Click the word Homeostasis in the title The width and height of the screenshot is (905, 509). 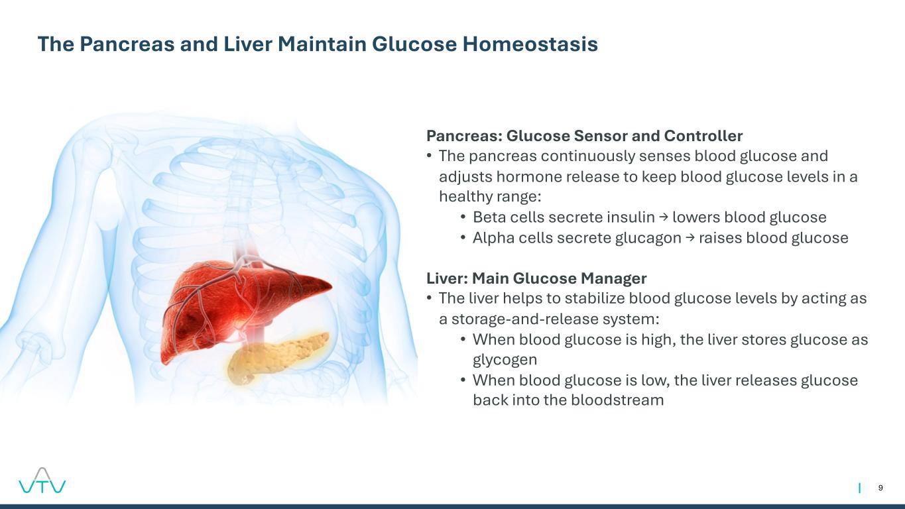[x=530, y=44]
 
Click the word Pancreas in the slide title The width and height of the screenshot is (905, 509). [x=127, y=44]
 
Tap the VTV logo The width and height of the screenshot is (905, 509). [x=42, y=481]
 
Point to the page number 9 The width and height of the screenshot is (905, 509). [x=880, y=488]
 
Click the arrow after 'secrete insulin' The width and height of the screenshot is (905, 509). [x=664, y=218]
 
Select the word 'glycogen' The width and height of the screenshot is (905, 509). [x=505, y=360]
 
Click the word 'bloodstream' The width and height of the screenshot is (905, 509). [x=617, y=400]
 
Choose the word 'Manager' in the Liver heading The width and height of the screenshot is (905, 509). [x=614, y=278]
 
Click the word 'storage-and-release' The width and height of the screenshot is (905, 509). [x=525, y=319]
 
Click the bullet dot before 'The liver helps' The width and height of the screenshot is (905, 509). [x=430, y=298]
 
